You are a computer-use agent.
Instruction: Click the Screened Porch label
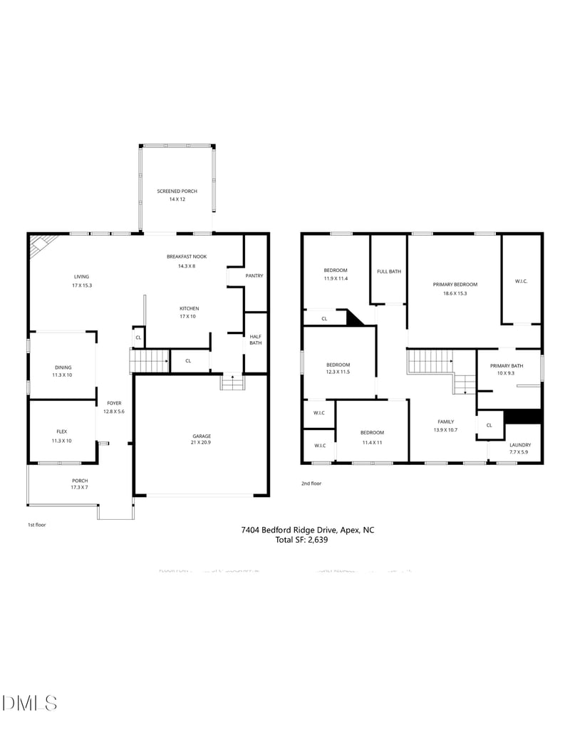click(x=177, y=191)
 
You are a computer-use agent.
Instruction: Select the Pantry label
click(x=254, y=276)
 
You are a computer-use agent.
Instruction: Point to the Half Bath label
click(x=254, y=340)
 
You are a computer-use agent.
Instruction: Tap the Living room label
click(x=81, y=276)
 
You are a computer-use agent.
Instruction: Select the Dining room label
click(x=61, y=367)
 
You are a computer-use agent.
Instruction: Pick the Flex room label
click(x=61, y=432)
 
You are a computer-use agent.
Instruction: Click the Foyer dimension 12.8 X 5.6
click(x=114, y=412)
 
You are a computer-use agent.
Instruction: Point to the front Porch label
click(x=79, y=481)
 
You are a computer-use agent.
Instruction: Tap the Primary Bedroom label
click(x=455, y=284)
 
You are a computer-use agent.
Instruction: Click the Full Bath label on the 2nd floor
click(x=388, y=271)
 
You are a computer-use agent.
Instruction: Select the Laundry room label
click(x=519, y=445)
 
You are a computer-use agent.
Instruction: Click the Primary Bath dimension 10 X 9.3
click(x=506, y=373)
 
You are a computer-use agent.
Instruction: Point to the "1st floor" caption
click(x=37, y=524)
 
